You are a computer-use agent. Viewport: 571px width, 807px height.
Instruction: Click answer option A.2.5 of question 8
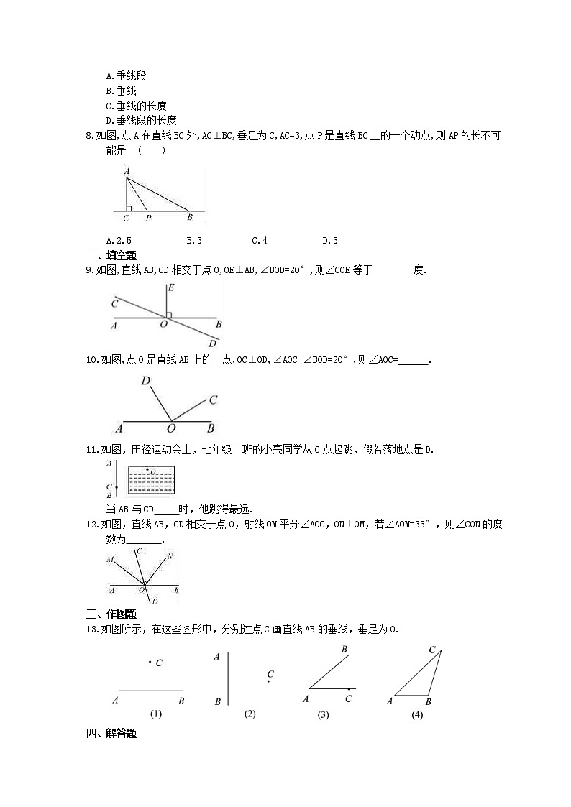[x=119, y=241]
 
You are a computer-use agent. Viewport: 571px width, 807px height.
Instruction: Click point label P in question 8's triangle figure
[x=148, y=217]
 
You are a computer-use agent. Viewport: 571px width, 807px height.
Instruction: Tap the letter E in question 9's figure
[x=169, y=287]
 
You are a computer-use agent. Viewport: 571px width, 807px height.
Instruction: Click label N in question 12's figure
[x=170, y=555]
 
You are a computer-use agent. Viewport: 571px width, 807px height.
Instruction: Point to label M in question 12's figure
[x=110, y=559]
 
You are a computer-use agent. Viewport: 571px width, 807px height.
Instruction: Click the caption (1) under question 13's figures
[x=156, y=714]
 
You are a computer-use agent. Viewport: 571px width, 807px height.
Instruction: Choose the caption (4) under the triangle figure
[x=417, y=714]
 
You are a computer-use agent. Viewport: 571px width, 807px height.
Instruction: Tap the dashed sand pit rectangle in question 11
[x=152, y=480]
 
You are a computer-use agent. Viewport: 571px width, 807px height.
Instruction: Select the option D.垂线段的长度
[x=141, y=121]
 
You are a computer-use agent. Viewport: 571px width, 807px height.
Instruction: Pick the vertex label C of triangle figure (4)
[x=433, y=650]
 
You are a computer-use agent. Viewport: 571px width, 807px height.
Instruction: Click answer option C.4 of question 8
[x=260, y=241]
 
